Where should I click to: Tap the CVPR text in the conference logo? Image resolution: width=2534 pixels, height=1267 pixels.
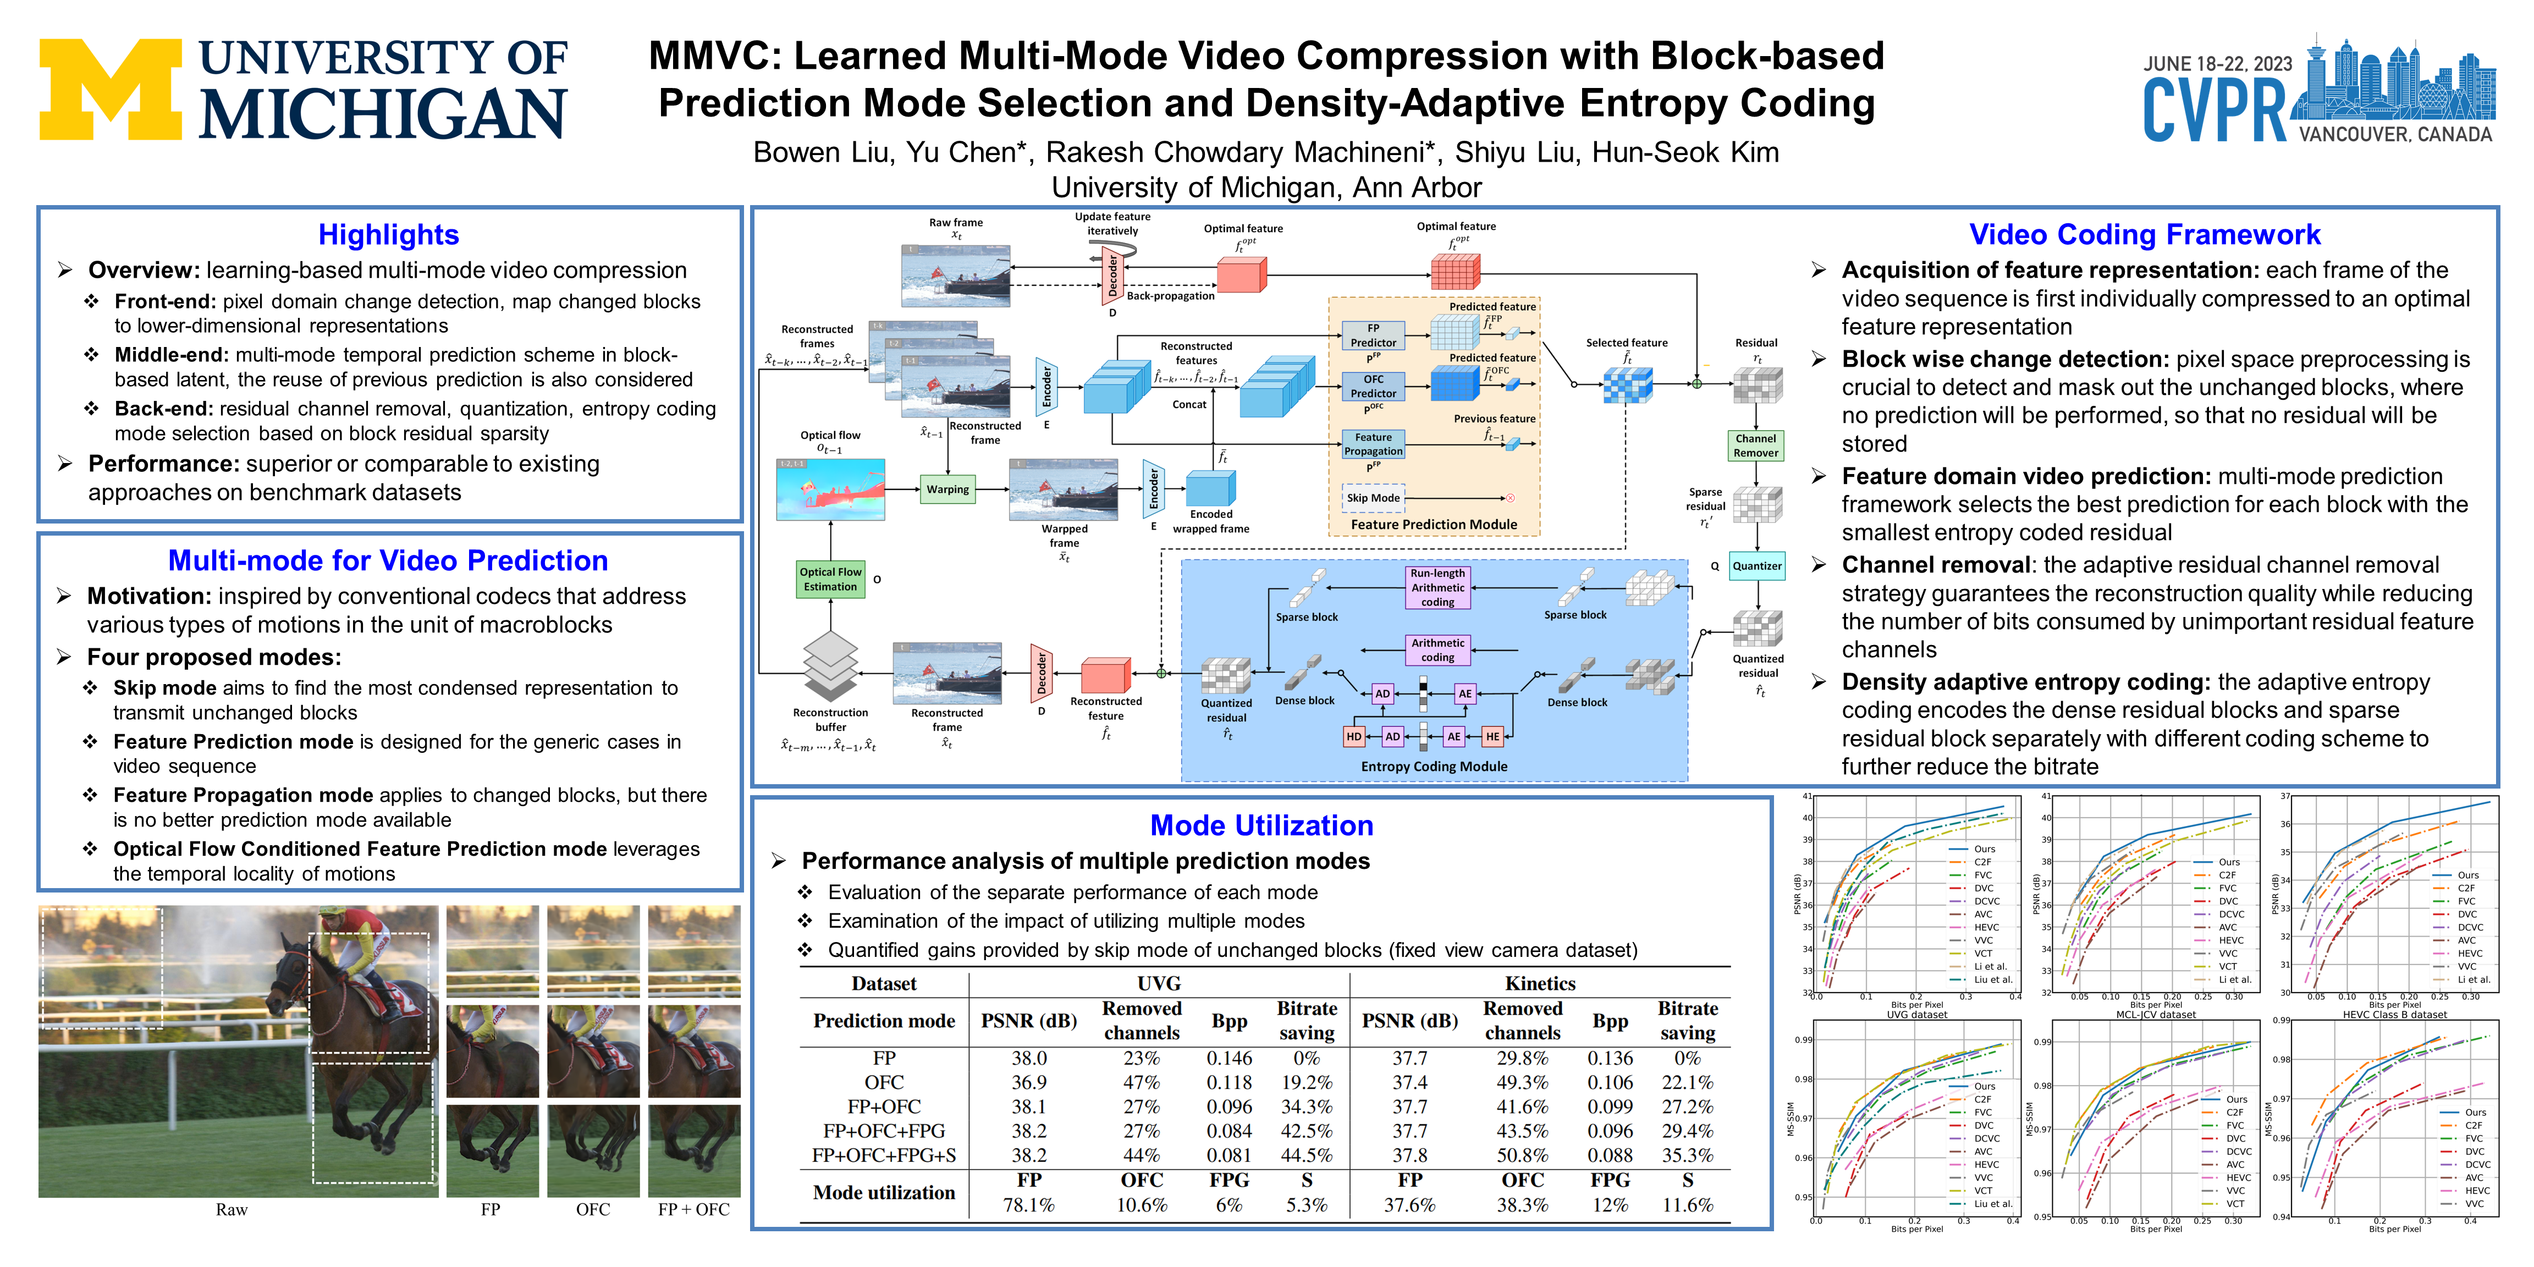pos(2215,110)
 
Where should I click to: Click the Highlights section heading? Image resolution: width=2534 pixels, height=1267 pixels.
pos(389,235)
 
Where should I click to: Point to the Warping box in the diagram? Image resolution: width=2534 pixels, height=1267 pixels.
pos(948,489)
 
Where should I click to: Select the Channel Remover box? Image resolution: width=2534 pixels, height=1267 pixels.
pos(1756,445)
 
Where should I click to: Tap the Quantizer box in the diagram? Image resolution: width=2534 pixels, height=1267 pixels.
pos(1757,566)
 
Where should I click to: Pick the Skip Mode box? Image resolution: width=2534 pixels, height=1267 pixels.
pos(1373,498)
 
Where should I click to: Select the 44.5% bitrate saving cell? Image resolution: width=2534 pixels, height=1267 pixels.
pos(1307,1155)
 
